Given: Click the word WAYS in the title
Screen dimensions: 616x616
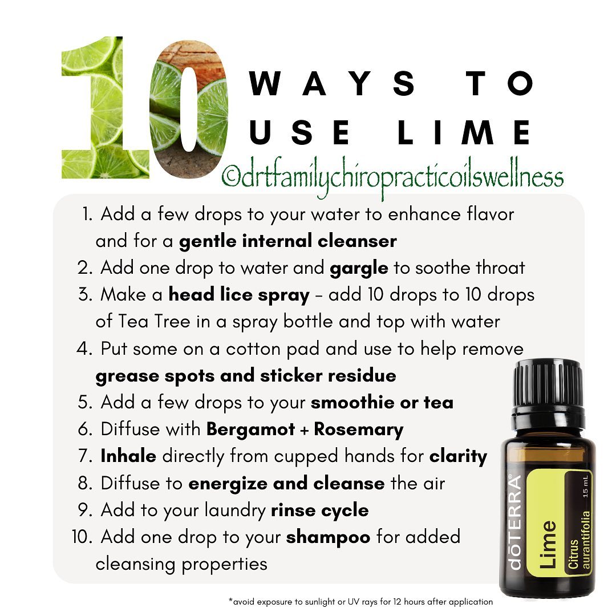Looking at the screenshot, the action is [333, 83].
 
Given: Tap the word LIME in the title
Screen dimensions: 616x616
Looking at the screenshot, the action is [464, 132].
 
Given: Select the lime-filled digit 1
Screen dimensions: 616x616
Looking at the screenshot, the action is [106, 107].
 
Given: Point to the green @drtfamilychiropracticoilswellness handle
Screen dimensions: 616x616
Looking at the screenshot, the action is [392, 177].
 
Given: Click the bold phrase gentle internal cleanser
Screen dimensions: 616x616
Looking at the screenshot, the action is [287, 241].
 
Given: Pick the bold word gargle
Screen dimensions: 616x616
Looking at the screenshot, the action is [359, 269].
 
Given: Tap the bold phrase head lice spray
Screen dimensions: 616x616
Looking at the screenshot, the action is [239, 295].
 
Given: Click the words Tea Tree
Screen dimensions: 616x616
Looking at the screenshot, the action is [154, 321].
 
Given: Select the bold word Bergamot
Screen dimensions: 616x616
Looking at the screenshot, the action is [250, 429].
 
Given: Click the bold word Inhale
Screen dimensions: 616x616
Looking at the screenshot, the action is [128, 456].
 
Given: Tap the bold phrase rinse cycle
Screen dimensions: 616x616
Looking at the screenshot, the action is [320, 510].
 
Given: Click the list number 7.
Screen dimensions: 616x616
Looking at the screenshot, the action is [85, 456].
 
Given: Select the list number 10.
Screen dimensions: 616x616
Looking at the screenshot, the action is [82, 537].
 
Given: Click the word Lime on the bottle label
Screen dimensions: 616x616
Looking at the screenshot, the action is [548, 544].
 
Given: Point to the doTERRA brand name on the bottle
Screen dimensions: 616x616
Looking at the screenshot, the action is [514, 522].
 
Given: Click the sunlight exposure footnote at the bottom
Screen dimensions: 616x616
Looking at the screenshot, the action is [360, 602].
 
